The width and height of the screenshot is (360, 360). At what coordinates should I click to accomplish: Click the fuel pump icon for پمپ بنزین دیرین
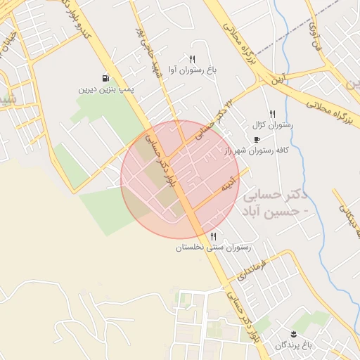105,78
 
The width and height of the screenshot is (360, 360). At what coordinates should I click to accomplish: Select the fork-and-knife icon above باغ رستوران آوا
191,59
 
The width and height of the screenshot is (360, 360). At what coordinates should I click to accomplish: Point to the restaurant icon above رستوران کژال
272,114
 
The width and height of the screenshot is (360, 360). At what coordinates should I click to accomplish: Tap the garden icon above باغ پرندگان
295,332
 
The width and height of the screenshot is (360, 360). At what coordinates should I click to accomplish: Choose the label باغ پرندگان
293,344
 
